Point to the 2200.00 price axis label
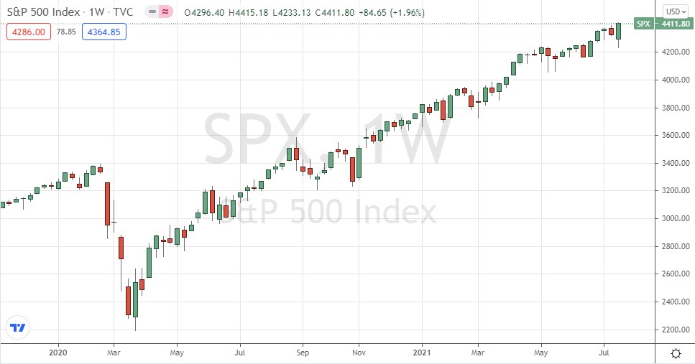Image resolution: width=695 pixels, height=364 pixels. pos(673,330)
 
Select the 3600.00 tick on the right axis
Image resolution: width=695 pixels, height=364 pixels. pos(673,136)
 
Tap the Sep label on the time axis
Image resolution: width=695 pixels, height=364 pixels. pos(303,353)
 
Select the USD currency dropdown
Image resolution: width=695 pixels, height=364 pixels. pos(676,11)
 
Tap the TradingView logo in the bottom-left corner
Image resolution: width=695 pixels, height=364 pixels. pos(19,327)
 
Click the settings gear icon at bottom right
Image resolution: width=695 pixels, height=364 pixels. pos(676,353)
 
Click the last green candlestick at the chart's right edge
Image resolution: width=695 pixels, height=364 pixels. pos(619,31)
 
